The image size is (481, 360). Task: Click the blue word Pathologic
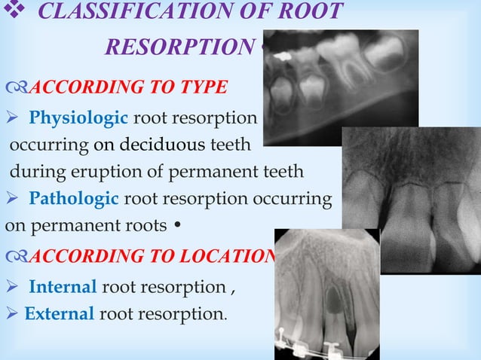coord(73,200)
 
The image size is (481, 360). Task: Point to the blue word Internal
coord(63,287)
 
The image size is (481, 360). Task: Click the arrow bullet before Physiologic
coord(12,119)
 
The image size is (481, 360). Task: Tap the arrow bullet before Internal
coord(12,288)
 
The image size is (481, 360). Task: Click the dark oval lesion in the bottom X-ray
coord(332,301)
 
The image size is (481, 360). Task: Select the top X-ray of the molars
coord(341,83)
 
